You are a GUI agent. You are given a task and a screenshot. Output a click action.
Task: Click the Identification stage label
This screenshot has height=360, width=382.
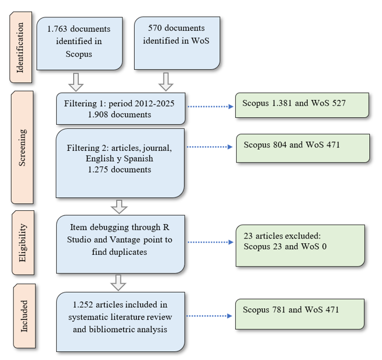tap(21, 48)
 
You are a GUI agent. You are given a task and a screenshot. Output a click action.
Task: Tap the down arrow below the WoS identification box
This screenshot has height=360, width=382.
tap(166, 81)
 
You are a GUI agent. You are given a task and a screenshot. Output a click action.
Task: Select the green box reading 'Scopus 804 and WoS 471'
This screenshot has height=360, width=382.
tap(302, 148)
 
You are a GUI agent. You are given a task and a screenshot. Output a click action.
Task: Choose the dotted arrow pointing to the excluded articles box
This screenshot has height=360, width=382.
tap(210, 241)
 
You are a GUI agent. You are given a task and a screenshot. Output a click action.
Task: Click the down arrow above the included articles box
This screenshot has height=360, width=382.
tap(118, 283)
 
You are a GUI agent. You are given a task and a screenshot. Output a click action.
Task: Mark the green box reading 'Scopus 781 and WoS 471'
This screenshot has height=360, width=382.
tap(302, 314)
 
